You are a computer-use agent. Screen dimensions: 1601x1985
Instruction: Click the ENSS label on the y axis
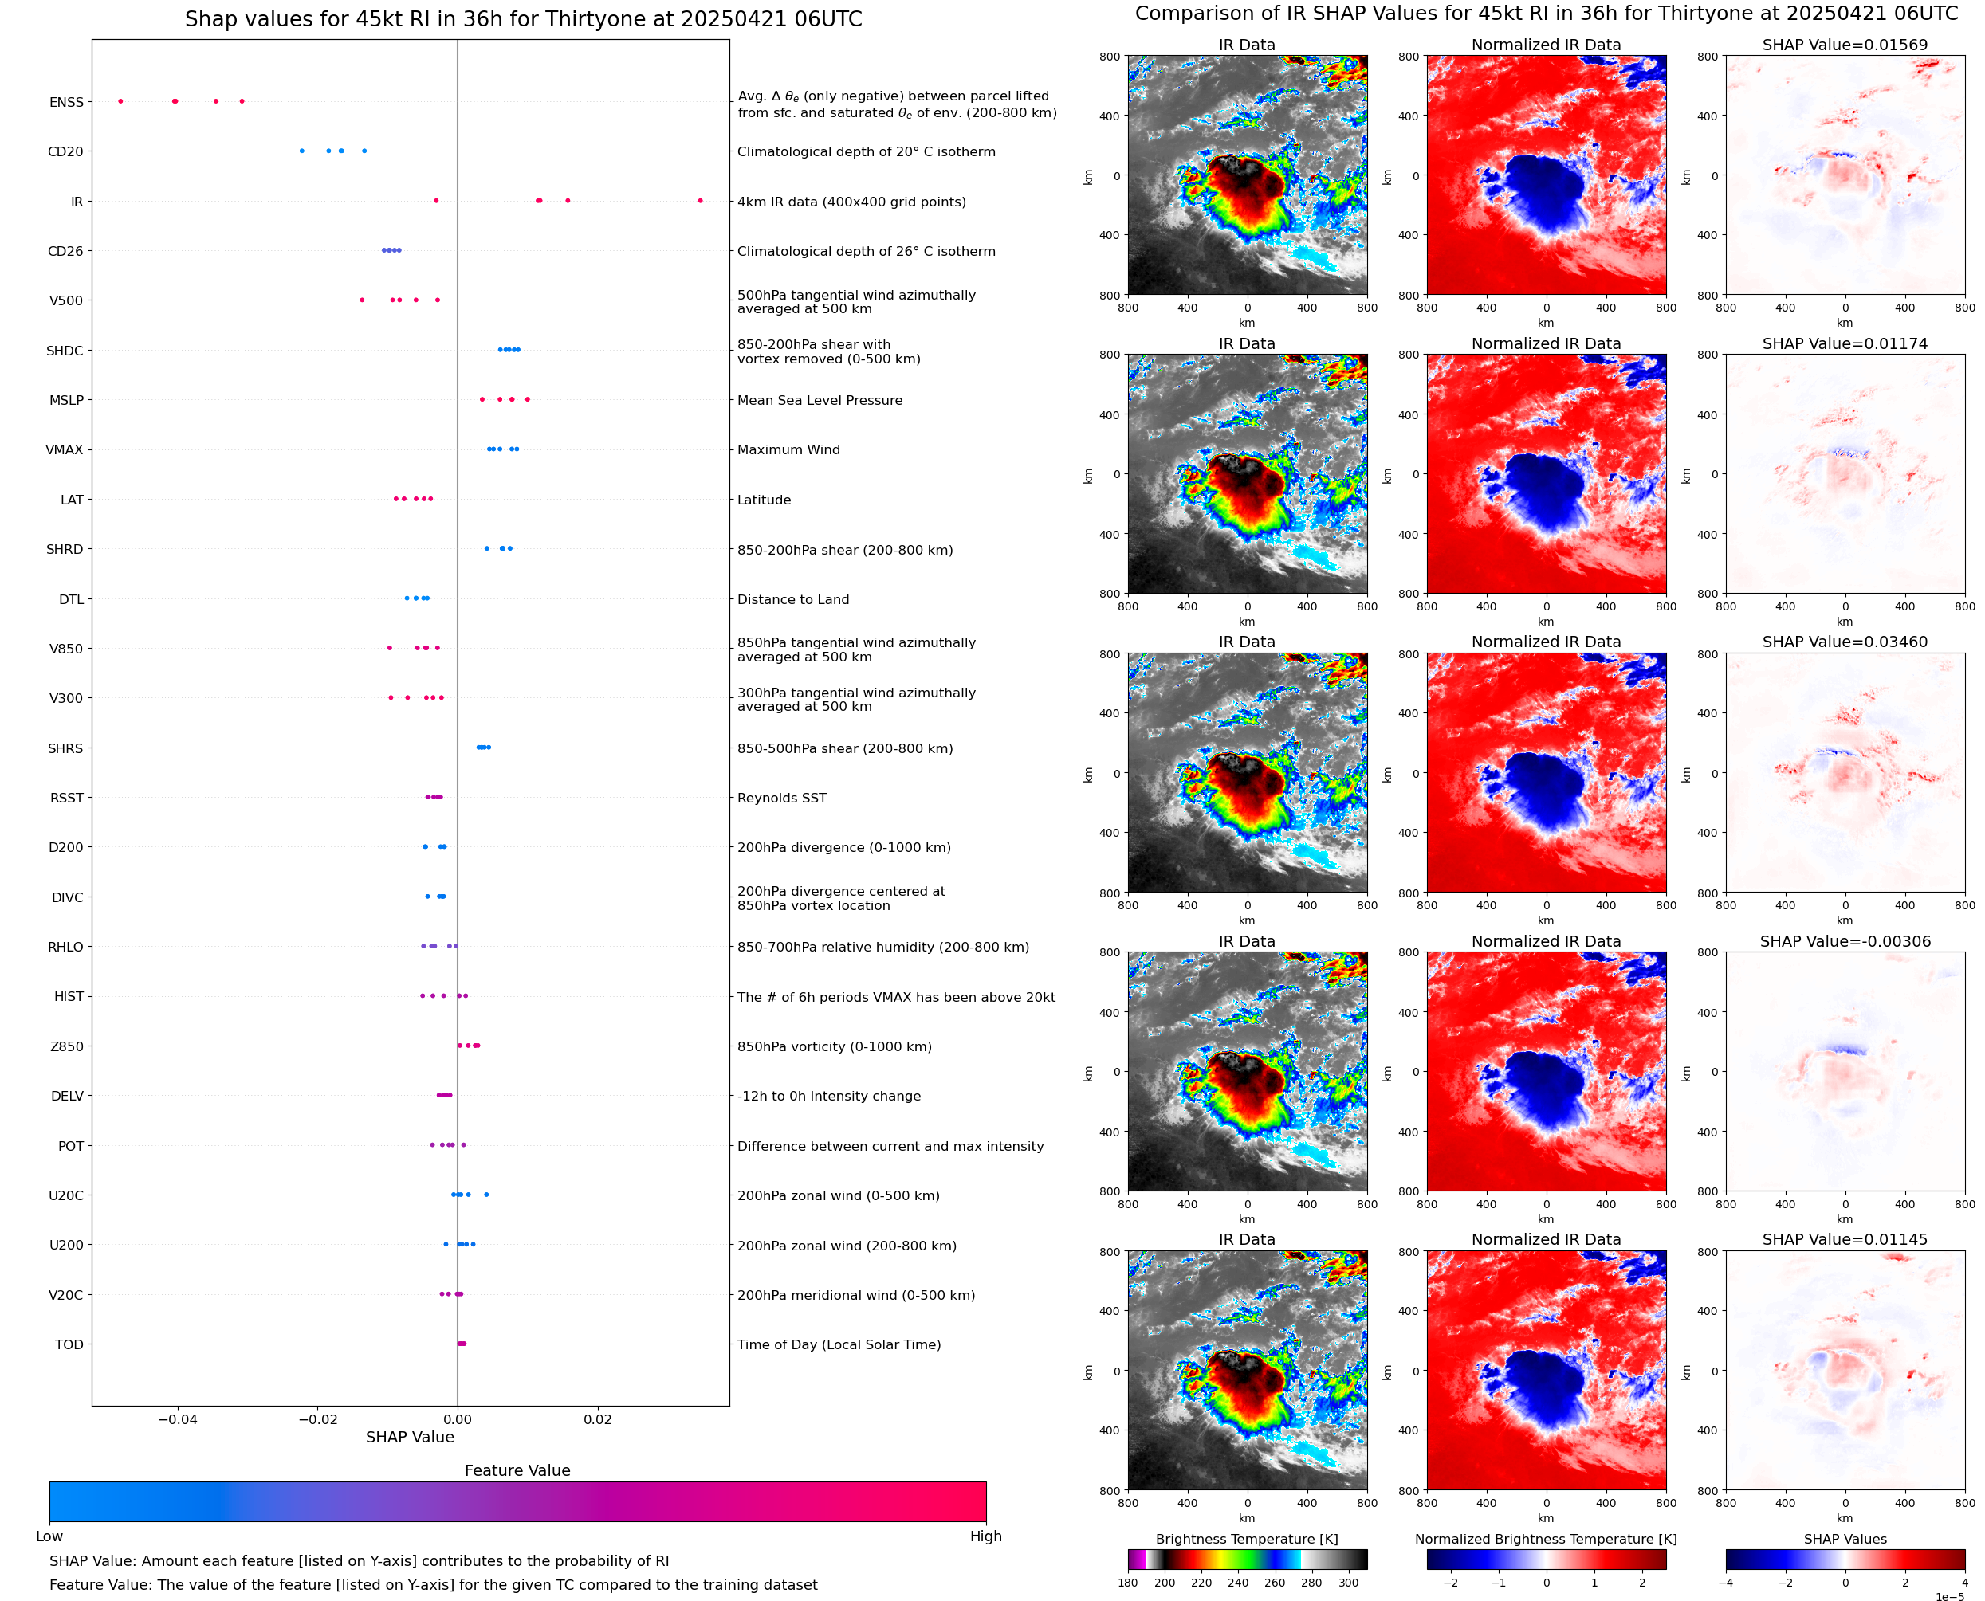(x=66, y=102)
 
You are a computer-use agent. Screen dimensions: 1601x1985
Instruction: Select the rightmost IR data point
(x=700, y=200)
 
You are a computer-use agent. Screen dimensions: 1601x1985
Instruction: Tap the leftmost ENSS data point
(x=121, y=101)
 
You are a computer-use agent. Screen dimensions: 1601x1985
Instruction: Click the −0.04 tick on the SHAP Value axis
(x=178, y=1419)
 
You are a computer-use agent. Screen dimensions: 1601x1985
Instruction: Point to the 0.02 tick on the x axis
(x=598, y=1419)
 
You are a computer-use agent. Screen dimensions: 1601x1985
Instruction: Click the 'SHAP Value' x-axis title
(x=410, y=1437)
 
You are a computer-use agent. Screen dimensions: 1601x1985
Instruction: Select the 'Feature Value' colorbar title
(x=517, y=1470)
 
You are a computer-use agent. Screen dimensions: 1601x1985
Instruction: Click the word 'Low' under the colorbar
(x=49, y=1536)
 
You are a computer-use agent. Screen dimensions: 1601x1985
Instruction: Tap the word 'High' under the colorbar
(x=985, y=1536)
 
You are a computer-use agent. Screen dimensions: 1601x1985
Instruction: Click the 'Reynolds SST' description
(x=781, y=798)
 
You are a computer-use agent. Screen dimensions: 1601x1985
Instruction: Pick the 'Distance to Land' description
(x=793, y=599)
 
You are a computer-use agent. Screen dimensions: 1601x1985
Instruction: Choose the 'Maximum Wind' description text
(x=788, y=450)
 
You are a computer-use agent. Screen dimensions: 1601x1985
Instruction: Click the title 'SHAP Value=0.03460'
(x=1845, y=642)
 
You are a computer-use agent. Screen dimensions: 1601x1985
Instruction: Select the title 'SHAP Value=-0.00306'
(x=1845, y=942)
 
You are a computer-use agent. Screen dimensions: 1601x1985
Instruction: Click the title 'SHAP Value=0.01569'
(x=1845, y=45)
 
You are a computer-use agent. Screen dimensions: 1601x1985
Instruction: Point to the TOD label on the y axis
(x=69, y=1344)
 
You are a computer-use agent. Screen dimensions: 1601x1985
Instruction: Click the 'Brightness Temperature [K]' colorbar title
(x=1246, y=1539)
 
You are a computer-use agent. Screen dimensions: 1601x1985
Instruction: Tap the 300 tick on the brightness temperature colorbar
(x=1349, y=1583)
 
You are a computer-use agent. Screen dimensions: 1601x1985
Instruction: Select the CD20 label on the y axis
(x=65, y=152)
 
